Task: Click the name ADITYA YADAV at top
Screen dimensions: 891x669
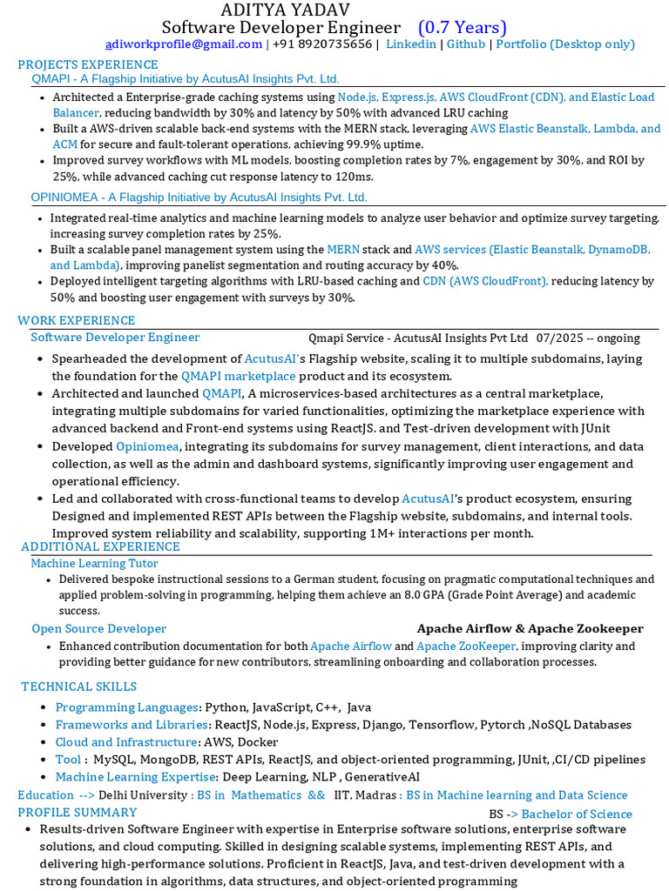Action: point(285,10)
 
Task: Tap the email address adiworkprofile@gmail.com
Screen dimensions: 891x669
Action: point(184,44)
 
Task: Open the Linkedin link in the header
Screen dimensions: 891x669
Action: point(411,44)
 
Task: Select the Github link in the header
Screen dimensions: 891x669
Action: point(466,44)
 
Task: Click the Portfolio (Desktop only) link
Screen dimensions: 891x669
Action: point(565,44)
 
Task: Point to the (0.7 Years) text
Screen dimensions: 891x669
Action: point(462,28)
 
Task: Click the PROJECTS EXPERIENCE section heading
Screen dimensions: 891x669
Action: point(88,64)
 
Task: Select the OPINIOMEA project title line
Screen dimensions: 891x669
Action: point(199,198)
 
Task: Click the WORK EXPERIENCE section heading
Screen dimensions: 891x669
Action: point(77,321)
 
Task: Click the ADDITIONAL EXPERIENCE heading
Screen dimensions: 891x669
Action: point(100,546)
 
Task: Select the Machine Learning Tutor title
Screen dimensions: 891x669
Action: point(95,563)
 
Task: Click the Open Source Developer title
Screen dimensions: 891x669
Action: point(99,628)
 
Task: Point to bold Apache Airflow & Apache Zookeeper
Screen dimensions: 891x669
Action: point(530,628)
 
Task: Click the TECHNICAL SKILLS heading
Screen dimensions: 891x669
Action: point(78,687)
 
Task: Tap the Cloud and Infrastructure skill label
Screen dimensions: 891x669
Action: point(126,742)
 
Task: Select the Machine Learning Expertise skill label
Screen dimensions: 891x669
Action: point(137,777)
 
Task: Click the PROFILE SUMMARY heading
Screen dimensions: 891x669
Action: point(78,812)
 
